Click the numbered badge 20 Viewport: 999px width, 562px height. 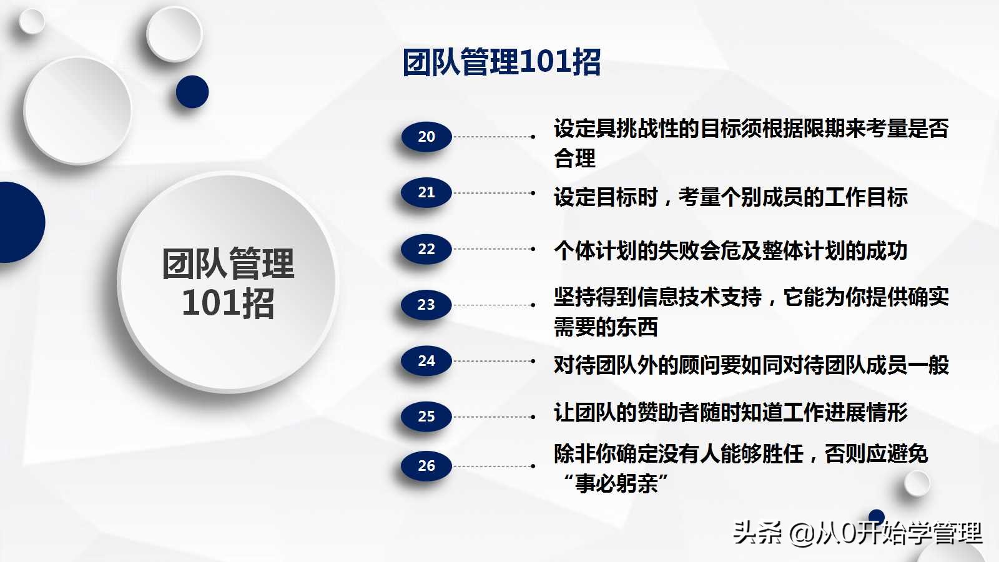[426, 137]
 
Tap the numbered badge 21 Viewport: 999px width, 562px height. [426, 192]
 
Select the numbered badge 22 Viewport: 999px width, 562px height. [426, 249]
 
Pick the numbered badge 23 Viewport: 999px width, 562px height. [426, 305]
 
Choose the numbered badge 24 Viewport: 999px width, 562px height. [426, 361]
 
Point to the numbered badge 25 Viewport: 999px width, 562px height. [426, 417]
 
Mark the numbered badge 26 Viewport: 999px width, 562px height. [426, 466]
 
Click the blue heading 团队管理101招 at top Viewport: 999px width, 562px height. [501, 62]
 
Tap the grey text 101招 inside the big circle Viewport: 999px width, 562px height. [228, 303]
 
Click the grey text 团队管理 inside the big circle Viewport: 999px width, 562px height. [228, 264]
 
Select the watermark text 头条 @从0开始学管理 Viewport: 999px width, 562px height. [857, 533]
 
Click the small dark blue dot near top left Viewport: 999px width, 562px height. [192, 92]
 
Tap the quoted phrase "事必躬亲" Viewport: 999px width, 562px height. [616, 483]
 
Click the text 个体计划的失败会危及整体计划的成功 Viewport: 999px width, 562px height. [730, 250]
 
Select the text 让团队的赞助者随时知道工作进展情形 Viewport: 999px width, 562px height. [730, 413]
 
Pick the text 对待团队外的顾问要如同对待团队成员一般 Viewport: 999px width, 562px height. [750, 365]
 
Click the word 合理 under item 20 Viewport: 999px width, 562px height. [574, 158]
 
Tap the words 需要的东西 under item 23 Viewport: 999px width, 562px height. [606, 327]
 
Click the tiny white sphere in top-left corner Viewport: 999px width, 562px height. [31, 21]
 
